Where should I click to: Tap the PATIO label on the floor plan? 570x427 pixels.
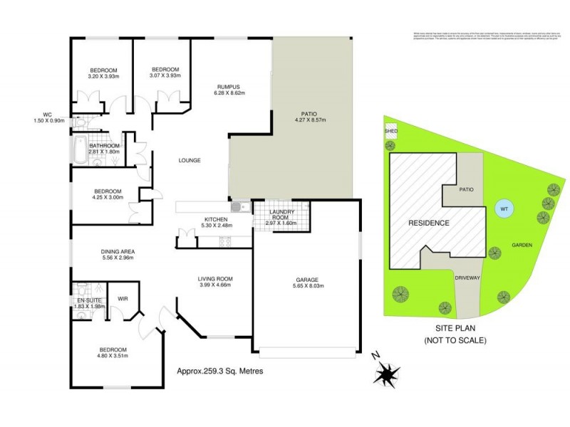click(308, 112)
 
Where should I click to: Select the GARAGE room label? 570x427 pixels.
click(307, 280)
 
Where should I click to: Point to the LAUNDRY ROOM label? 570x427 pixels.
click(281, 214)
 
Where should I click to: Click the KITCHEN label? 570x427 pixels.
click(216, 218)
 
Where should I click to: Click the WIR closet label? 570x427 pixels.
click(123, 298)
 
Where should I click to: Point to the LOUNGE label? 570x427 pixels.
click(190, 160)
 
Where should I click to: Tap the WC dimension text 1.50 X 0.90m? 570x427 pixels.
click(48, 121)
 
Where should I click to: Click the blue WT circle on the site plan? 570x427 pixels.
click(503, 209)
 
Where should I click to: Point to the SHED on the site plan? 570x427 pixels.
click(390, 131)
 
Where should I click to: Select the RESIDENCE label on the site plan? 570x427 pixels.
click(428, 223)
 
